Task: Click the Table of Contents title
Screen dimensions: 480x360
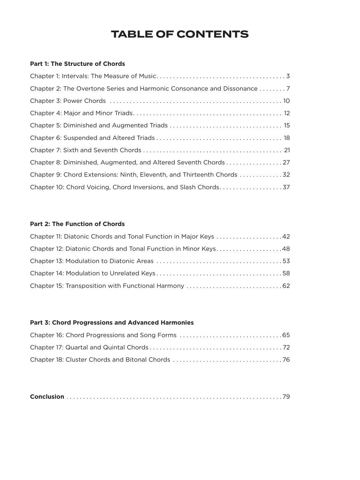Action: coord(180,34)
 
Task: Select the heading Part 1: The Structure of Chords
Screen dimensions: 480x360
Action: coord(77,64)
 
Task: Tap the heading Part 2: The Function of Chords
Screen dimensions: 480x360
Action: coord(77,224)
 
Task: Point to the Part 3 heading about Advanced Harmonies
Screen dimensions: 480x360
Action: coord(112,322)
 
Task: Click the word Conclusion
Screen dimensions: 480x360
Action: coord(47,397)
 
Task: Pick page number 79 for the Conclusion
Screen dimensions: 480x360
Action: coord(286,397)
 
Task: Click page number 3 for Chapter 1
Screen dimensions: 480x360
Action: coord(288,76)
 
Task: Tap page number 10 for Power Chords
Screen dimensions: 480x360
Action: coord(286,101)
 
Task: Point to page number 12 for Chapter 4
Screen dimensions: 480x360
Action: coord(287,113)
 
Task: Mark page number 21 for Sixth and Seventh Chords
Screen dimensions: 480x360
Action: coord(287,150)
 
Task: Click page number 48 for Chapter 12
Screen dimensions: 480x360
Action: coord(286,249)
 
